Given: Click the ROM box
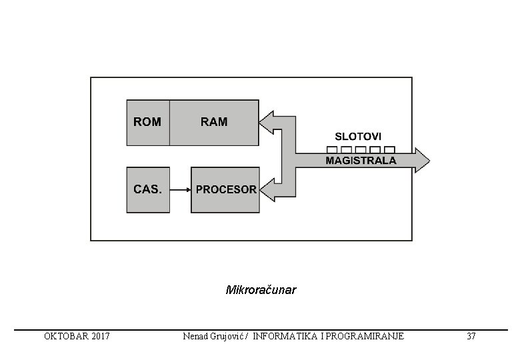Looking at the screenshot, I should [x=147, y=122].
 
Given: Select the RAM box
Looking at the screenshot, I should [x=214, y=122].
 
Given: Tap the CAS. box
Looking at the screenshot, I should [x=147, y=189].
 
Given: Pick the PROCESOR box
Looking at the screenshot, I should [x=225, y=189].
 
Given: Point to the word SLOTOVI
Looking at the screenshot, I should [x=358, y=137].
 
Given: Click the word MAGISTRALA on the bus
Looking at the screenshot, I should [x=361, y=161].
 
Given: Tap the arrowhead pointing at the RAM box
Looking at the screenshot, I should [x=267, y=122].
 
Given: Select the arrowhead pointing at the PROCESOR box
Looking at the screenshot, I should [x=267, y=189].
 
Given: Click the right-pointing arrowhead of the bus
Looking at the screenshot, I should [x=422, y=161].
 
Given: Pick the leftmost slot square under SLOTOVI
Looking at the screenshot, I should [x=331, y=149].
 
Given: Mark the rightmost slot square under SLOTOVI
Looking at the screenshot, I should [x=390, y=149].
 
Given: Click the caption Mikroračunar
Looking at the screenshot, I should [x=261, y=291].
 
